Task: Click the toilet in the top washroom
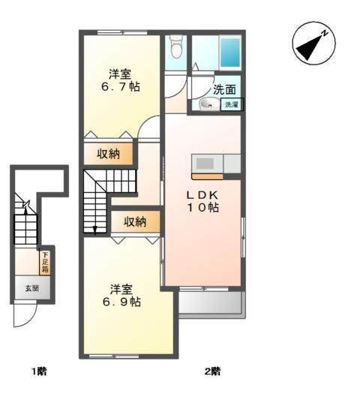[x=176, y=46]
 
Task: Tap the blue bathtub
[x=230, y=53]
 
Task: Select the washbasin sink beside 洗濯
[x=210, y=104]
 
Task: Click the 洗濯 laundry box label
[x=232, y=104]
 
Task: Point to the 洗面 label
[x=224, y=89]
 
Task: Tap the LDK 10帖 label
[x=203, y=201]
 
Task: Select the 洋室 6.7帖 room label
[x=121, y=80]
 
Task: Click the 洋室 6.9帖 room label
[x=121, y=296]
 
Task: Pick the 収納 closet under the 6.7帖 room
[x=108, y=154]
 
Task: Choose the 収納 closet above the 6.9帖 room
[x=135, y=222]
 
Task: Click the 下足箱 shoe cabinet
[x=45, y=263]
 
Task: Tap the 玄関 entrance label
[x=32, y=288]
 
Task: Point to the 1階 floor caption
[x=39, y=371]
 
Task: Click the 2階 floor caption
[x=212, y=371]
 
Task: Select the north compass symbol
[x=313, y=44]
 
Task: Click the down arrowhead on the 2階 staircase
[x=94, y=230]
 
